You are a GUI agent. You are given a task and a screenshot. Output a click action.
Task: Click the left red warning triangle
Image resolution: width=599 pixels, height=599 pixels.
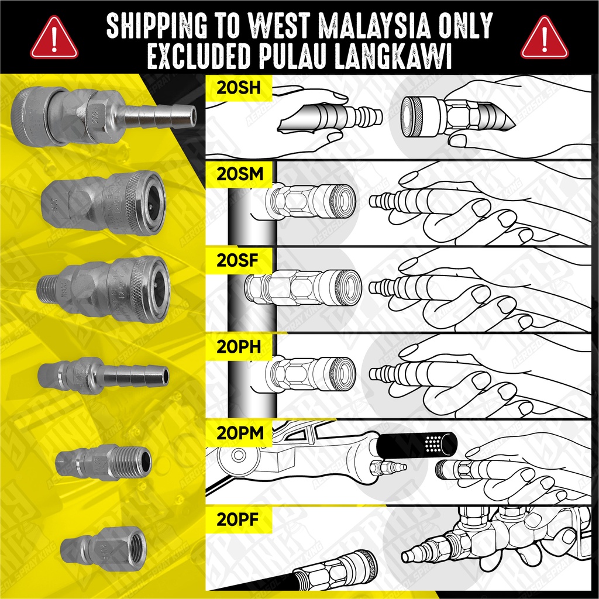[x=54, y=37]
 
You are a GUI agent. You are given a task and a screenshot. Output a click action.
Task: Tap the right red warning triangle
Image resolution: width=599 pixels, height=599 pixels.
[x=545, y=37]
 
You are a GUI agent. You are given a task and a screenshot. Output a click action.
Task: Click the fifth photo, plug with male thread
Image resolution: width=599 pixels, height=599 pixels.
[x=104, y=462]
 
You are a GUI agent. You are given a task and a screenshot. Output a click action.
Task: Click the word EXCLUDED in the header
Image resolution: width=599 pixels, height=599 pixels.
[x=202, y=57]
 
